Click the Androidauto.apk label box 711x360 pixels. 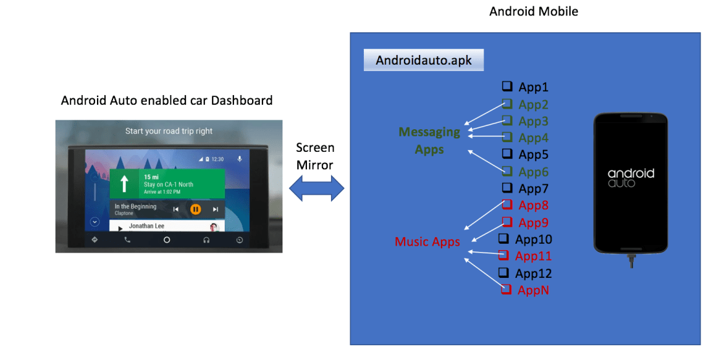tap(423, 61)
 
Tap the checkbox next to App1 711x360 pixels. tap(507, 87)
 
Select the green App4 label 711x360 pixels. tap(533, 138)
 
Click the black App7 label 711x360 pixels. tap(533, 189)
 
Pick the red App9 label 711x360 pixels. tap(533, 222)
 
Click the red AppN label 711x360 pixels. tap(533, 290)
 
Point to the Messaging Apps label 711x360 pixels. tap(429, 140)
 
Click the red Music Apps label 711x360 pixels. tap(427, 242)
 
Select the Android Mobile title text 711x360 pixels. tap(533, 11)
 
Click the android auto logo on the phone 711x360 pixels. tap(631, 177)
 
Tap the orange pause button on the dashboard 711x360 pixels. tap(196, 209)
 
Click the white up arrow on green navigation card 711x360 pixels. tap(123, 184)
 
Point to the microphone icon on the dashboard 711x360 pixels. tap(240, 158)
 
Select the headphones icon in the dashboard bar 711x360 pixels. tap(206, 240)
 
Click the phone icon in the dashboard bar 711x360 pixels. tap(127, 240)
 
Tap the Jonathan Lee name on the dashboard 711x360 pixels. tap(147, 226)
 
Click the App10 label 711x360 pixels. tap(533, 240)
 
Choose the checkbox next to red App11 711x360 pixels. tap(505, 256)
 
